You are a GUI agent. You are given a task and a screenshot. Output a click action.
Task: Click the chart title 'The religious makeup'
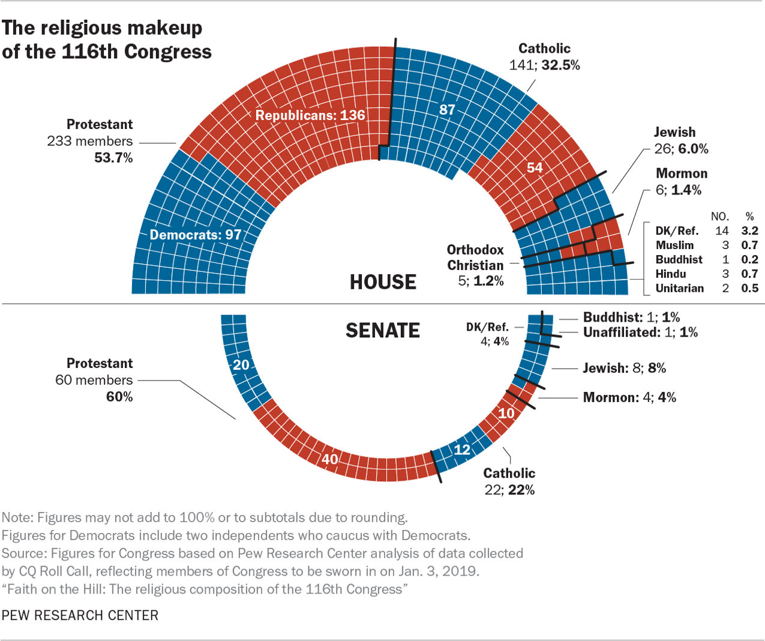pyautogui.click(x=103, y=28)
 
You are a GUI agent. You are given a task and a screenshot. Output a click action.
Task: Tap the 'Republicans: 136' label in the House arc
pyautogui.click(x=310, y=115)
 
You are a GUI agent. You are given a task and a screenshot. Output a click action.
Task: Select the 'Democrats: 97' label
pyautogui.click(x=195, y=235)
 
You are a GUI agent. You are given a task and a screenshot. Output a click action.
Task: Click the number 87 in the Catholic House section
pyautogui.click(x=447, y=109)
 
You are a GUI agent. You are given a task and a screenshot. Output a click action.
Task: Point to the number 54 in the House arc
pyautogui.click(x=535, y=167)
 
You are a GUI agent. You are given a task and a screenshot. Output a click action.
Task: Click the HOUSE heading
pyautogui.click(x=383, y=282)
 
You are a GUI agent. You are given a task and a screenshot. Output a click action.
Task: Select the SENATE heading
pyautogui.click(x=383, y=331)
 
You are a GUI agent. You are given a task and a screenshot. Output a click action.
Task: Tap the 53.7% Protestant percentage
pyautogui.click(x=113, y=158)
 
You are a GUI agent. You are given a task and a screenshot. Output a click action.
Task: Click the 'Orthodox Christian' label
pyautogui.click(x=475, y=257)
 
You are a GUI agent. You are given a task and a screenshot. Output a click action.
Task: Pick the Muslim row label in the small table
pyautogui.click(x=674, y=245)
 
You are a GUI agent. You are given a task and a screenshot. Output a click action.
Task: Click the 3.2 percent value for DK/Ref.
pyautogui.click(x=749, y=230)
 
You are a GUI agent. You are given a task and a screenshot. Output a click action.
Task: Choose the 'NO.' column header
pyautogui.click(x=719, y=216)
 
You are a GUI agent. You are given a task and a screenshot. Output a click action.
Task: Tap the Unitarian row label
pyautogui.click(x=679, y=288)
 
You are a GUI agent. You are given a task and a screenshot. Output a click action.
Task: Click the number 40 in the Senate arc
pyautogui.click(x=329, y=459)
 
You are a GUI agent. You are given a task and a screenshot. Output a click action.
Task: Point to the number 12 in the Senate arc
pyautogui.click(x=462, y=449)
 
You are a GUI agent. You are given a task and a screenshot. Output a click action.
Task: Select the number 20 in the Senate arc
pyautogui.click(x=241, y=365)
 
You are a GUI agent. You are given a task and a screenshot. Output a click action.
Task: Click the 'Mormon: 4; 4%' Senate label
pyautogui.click(x=629, y=397)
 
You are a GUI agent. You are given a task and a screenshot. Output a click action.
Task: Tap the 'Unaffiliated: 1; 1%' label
pyautogui.click(x=640, y=332)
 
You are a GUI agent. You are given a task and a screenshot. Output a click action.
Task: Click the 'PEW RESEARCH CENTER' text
pyautogui.click(x=80, y=615)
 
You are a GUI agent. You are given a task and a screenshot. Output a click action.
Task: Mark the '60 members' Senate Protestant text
pyautogui.click(x=94, y=380)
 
